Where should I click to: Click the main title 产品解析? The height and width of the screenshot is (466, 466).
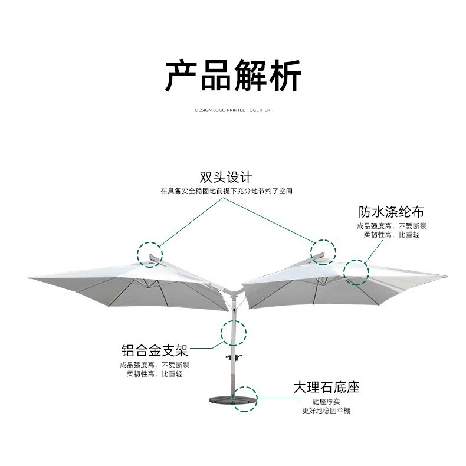coord(232,76)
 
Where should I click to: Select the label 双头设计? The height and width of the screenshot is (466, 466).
coord(226,177)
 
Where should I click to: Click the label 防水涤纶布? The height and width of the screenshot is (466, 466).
coord(391,212)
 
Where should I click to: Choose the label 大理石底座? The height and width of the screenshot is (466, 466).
coord(326,388)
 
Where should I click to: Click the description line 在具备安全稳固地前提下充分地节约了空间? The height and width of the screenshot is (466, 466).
coord(226,191)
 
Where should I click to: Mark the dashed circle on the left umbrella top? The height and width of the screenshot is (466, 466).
coord(149,254)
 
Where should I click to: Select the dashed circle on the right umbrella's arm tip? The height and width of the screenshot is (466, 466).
coord(323,252)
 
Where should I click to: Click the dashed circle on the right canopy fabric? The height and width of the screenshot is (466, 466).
coord(356,273)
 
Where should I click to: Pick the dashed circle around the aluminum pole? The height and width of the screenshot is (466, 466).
coord(234,332)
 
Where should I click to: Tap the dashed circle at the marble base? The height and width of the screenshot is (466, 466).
coord(245,399)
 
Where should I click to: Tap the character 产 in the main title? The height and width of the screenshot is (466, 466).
coord(180,76)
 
